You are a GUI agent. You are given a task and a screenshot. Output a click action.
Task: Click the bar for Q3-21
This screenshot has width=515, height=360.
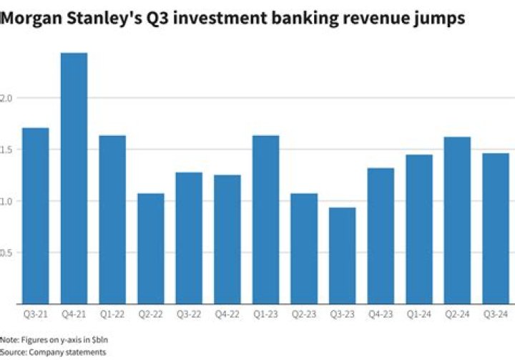click(36, 215)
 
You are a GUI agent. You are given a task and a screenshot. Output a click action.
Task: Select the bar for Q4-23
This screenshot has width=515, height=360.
click(381, 235)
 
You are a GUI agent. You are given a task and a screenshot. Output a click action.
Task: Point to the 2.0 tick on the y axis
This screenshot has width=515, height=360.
click(7, 98)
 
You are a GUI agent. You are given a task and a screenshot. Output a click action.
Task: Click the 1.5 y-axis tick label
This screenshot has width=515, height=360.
click(7, 150)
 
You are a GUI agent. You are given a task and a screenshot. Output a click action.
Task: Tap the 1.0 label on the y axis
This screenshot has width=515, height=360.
click(7, 201)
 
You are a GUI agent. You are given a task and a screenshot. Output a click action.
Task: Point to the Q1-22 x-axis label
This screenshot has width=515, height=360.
click(112, 313)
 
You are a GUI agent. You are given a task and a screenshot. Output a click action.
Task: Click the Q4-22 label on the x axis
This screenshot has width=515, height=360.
click(227, 313)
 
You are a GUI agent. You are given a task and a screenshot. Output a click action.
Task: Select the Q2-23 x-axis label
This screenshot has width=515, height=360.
click(304, 313)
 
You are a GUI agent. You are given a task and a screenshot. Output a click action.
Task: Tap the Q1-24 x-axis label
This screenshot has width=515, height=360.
click(419, 313)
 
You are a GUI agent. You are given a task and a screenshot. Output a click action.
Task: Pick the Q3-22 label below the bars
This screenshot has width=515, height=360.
click(189, 313)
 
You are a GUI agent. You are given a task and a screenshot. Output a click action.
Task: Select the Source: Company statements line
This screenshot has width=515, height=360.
click(53, 352)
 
